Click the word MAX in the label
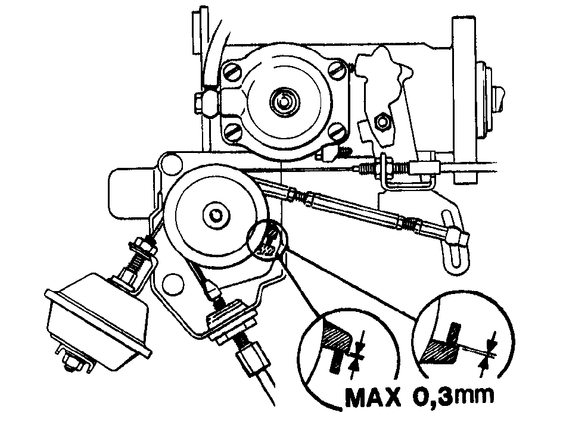tap(373, 398)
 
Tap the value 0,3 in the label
tap(430, 397)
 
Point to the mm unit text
tap(472, 396)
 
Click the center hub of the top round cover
tap(284, 100)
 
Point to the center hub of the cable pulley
tap(216, 215)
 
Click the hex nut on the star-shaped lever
tap(382, 121)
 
